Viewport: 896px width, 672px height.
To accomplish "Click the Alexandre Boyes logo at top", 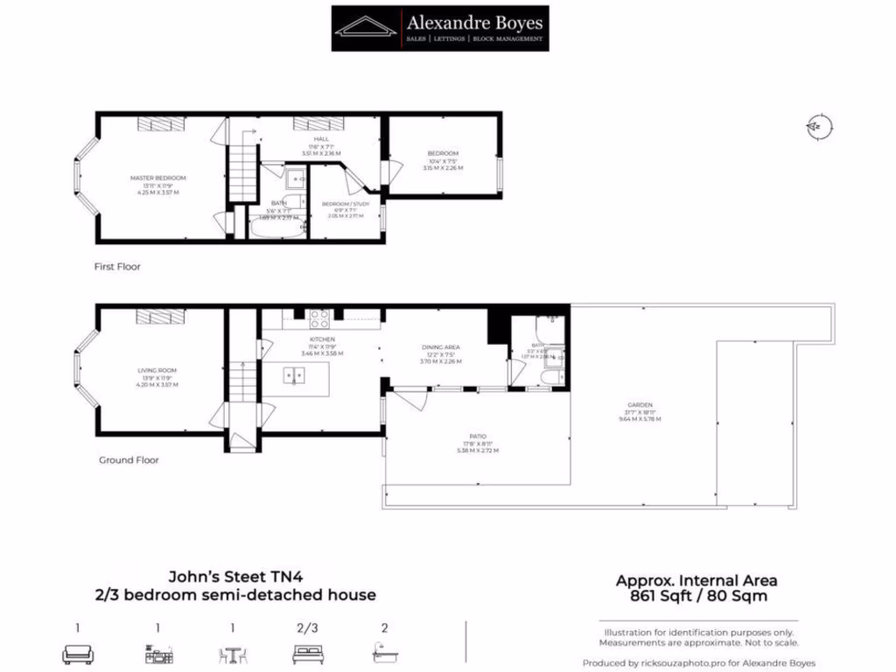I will click(x=441, y=28).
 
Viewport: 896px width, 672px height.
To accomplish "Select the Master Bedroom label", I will click(x=157, y=178).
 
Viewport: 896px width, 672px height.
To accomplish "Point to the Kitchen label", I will click(x=322, y=339).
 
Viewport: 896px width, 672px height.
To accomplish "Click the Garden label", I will click(x=640, y=405).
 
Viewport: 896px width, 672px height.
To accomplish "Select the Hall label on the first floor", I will click(x=321, y=139).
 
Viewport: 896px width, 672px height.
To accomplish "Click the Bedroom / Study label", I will click(x=346, y=204).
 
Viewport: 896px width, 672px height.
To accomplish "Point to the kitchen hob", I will click(x=318, y=318).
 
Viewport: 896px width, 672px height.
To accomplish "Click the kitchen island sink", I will click(x=294, y=376).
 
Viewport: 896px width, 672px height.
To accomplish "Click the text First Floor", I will click(x=117, y=266).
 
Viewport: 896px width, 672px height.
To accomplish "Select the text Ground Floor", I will click(x=129, y=459).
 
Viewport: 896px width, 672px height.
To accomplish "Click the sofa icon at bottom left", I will click(x=78, y=654).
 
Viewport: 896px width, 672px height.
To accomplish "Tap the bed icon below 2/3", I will click(x=308, y=654).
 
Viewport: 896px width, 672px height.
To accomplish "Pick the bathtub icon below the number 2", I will click(x=384, y=654).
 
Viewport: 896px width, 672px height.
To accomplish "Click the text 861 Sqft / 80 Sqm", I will click(x=696, y=597).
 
